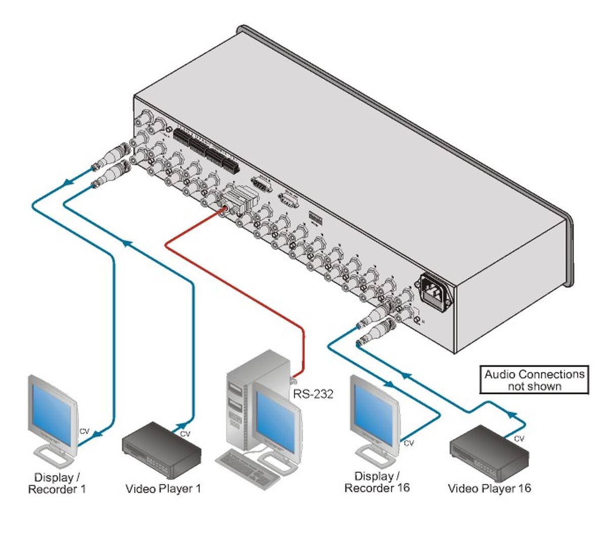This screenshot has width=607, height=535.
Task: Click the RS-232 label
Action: pos(313,394)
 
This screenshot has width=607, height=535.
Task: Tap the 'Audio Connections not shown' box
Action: pos(534,380)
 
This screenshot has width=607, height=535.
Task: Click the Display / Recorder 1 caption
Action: pos(57,483)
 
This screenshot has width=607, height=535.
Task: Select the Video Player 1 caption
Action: pos(163,489)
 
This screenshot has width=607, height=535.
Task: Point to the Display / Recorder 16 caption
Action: pos(377,482)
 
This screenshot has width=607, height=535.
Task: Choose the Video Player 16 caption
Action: pos(489,488)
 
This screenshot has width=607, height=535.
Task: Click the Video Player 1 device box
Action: pos(161,448)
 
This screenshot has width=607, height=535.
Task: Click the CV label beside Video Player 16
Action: pos(519,439)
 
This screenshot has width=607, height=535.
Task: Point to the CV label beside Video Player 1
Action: pos(185,434)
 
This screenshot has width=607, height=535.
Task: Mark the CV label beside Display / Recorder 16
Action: pos(409,443)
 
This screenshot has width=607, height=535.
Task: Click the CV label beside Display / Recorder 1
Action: pos(84,431)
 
